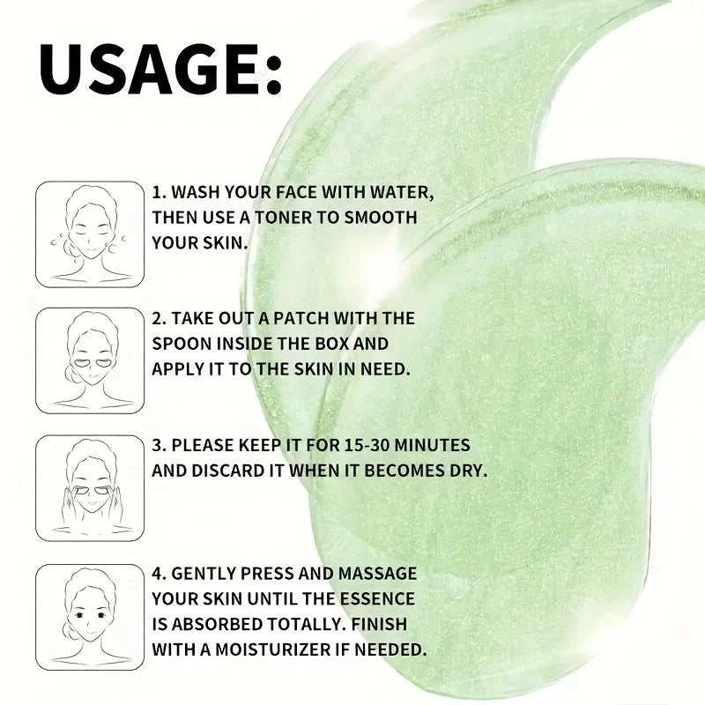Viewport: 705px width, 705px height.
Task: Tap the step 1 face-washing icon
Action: [90, 234]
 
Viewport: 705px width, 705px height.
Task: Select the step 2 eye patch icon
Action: [90, 360]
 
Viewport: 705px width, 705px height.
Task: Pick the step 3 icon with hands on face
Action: [90, 487]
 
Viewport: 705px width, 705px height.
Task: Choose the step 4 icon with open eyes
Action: [90, 616]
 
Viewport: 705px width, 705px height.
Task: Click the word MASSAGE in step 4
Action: [378, 574]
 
